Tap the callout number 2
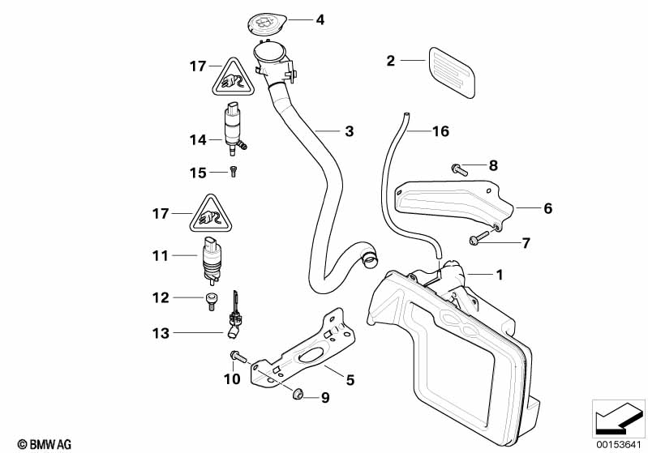[x=391, y=60]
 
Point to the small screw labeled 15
[x=234, y=171]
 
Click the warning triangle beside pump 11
[x=209, y=215]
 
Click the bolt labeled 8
[x=455, y=169]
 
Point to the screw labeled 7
[x=478, y=236]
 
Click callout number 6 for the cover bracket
[x=547, y=208]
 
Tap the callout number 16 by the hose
[x=440, y=130]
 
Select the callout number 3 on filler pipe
[x=349, y=130]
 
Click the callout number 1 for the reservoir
[x=500, y=275]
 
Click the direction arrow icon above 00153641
[x=619, y=418]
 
